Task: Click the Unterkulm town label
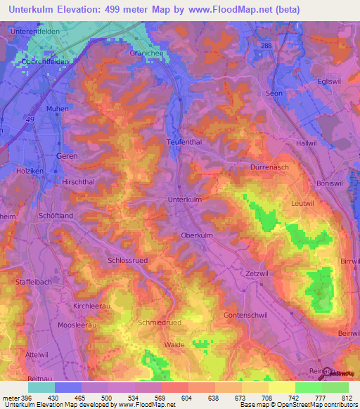coord(186,200)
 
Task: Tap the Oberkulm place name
coord(197,235)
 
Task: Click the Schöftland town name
coord(57,216)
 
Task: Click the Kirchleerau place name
coord(93,307)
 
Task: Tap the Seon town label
coord(274,93)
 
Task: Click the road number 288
coord(266,46)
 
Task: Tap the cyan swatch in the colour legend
coord(41,387)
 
